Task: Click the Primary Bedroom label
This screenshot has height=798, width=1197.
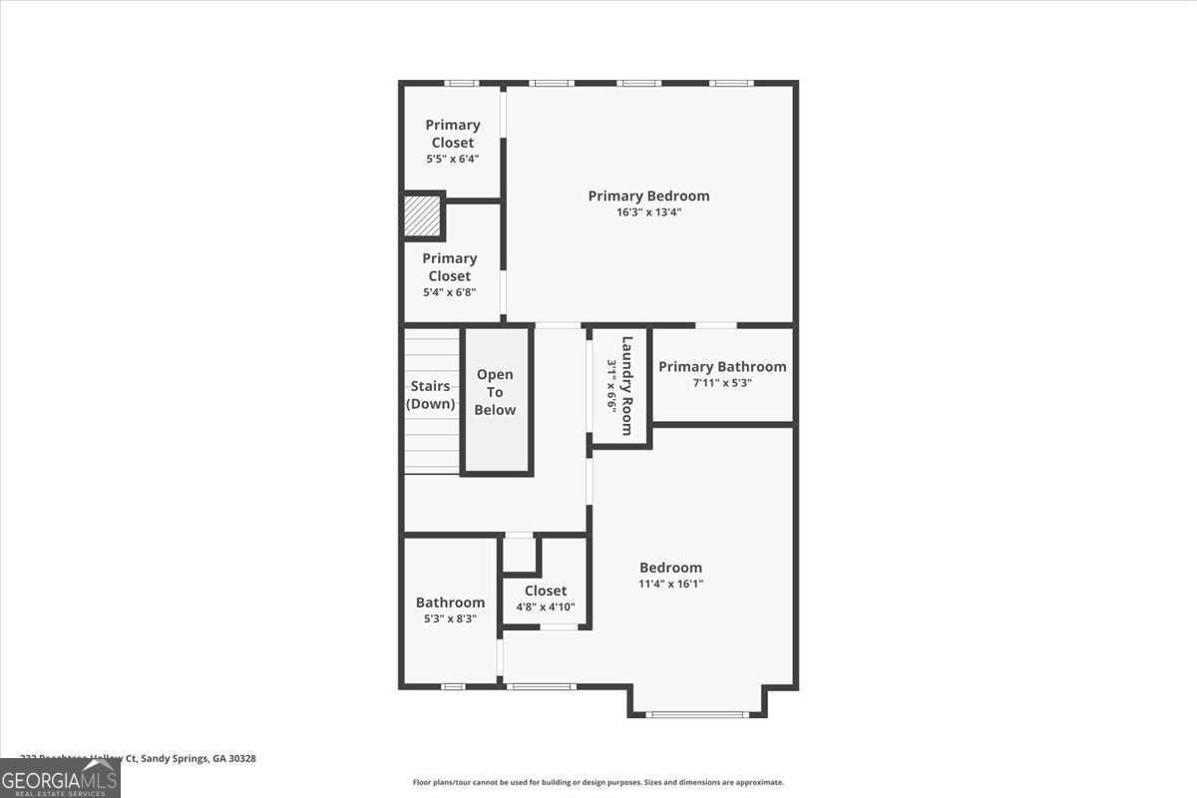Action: coord(648,196)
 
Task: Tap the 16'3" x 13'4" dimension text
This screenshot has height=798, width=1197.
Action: coord(648,212)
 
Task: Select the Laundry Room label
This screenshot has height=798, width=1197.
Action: coord(627,385)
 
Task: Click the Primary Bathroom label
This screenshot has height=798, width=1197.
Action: coord(722,366)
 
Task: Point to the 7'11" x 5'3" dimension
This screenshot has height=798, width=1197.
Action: coord(722,383)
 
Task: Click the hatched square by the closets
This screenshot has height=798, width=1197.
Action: coord(422,216)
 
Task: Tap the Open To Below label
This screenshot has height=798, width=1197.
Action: coord(495,392)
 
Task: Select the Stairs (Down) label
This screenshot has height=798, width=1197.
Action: coord(431,395)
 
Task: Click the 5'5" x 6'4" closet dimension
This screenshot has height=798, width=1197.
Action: coord(453,159)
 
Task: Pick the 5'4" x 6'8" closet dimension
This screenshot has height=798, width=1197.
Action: coord(450,292)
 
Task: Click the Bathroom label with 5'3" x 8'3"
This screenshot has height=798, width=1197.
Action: coord(450,602)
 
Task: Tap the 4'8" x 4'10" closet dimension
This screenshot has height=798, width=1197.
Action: coord(546,607)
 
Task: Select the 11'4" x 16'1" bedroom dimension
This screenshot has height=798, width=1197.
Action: coord(671,585)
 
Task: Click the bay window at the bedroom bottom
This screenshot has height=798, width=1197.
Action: coord(696,714)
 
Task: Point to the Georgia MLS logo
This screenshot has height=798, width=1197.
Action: coord(60,778)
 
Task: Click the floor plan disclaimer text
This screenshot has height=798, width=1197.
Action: coord(598,783)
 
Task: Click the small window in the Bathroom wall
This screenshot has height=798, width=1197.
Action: coord(453,686)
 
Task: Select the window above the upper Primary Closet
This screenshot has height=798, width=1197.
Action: coord(460,83)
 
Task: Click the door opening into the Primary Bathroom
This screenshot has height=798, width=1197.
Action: coord(716,325)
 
